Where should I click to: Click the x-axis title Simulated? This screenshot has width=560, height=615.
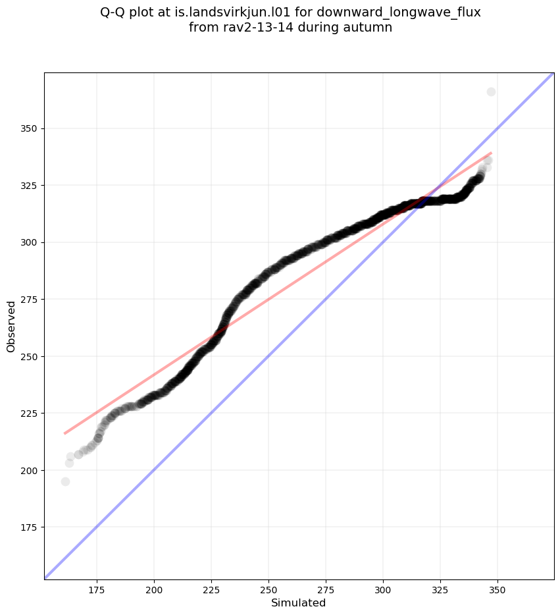[x=298, y=602]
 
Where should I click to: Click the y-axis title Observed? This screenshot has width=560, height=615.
[x=11, y=326]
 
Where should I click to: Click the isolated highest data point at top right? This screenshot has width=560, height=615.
[x=491, y=92]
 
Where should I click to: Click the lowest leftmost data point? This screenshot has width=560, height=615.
[x=65, y=481]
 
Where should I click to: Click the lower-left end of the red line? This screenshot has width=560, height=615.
[x=64, y=433]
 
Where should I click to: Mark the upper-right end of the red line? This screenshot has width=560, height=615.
[x=491, y=153]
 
